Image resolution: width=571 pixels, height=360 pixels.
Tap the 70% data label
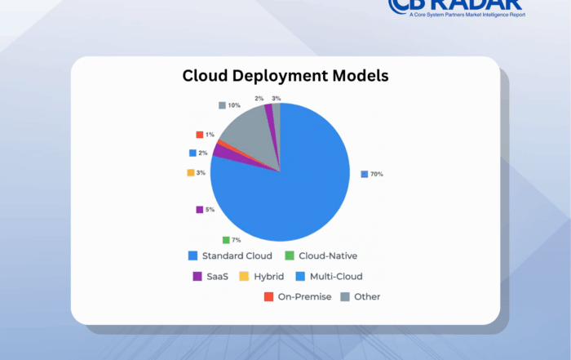coord(377,174)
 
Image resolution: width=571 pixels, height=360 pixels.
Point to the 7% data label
coord(235,240)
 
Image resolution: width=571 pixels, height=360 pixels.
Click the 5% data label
coord(210,210)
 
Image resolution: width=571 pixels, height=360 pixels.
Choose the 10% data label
coord(233,105)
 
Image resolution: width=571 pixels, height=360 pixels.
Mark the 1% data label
coord(210,135)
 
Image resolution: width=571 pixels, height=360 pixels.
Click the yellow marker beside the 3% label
coord(190,172)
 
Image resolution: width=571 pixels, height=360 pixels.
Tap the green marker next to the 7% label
coord(225,240)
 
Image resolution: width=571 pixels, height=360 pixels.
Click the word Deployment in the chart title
coord(285,77)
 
